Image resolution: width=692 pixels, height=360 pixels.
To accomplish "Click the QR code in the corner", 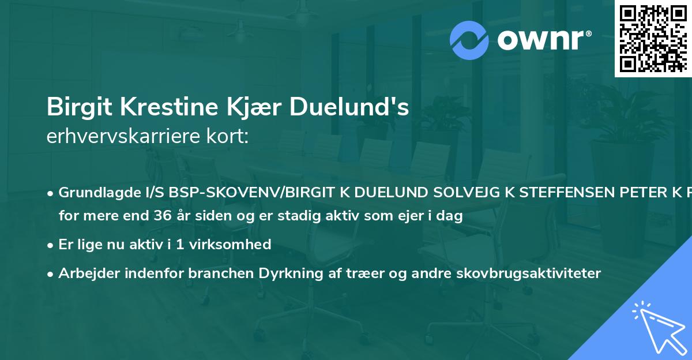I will click(653, 38).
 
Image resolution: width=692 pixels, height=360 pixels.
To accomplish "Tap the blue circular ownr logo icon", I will click(469, 40).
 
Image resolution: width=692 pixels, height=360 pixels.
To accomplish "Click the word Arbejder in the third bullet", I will click(85, 273).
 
